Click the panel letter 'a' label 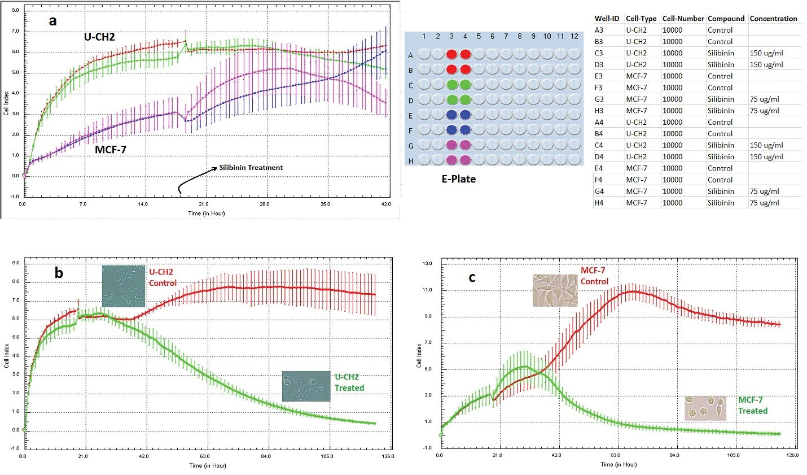[53, 21]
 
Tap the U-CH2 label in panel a [100, 37]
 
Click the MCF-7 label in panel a [111, 150]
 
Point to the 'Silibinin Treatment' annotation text [251, 168]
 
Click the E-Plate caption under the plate [459, 179]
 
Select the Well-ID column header [607, 19]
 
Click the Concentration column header [773, 19]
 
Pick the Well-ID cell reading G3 [599, 99]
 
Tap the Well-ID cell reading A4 [599, 122]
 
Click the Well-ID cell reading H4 [599, 203]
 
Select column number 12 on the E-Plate [574, 37]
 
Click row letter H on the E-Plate [411, 161]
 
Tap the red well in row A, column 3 [451, 55]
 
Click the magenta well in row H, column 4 [465, 160]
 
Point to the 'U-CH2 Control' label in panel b [163, 277]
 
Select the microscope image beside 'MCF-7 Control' [555, 290]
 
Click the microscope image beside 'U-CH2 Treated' [306, 386]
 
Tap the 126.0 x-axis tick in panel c [792, 455]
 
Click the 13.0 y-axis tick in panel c [427, 264]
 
